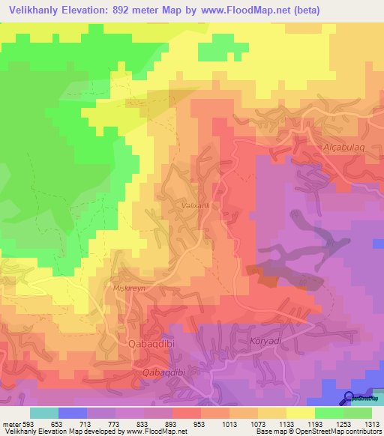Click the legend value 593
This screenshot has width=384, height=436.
coord(28,424)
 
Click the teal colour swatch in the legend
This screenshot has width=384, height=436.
coord(44,413)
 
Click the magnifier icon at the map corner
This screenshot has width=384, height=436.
coord(349,399)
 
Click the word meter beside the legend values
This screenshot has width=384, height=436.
coord(9,424)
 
